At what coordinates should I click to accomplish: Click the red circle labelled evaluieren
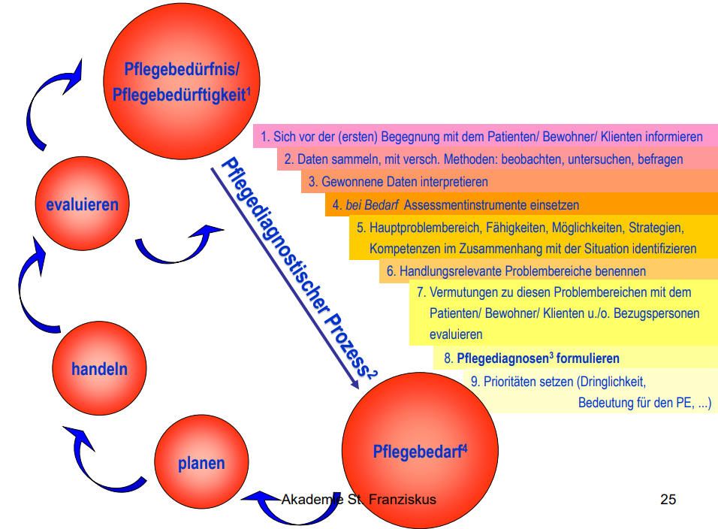(83, 204)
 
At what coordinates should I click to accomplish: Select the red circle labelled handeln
(99, 368)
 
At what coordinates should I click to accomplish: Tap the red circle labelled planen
(201, 462)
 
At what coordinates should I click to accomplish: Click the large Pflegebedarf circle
(420, 451)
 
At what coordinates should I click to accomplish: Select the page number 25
(668, 499)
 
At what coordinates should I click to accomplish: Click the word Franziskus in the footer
(403, 499)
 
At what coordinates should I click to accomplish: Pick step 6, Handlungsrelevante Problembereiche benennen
(516, 271)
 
